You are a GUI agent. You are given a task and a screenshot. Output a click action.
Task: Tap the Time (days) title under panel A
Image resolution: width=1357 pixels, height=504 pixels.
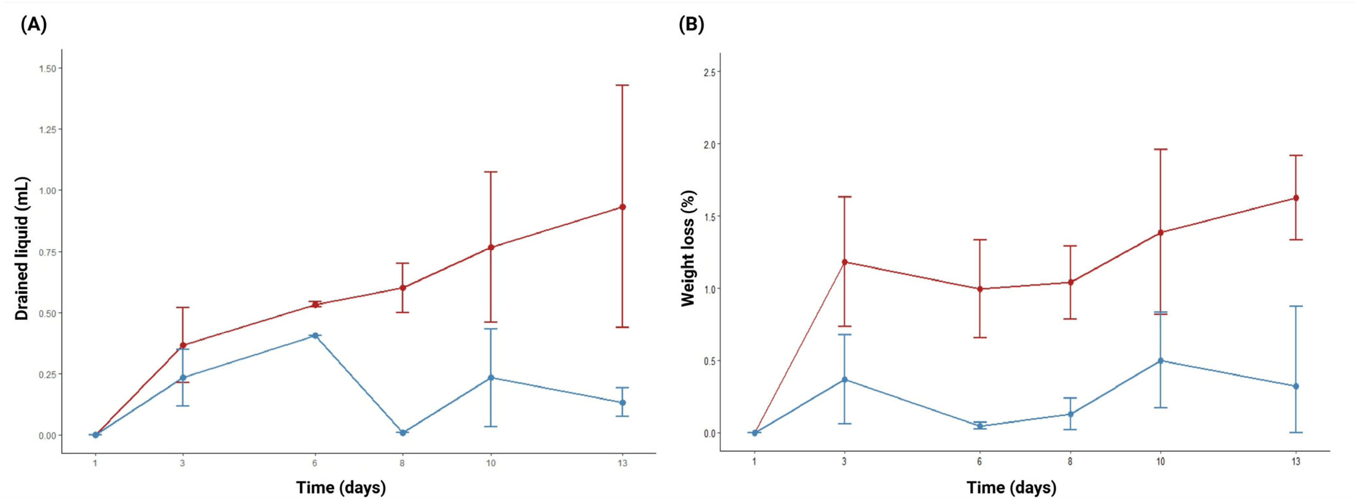(x=341, y=487)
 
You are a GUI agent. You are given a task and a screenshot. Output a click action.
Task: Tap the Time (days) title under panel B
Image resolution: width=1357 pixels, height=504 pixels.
(x=1011, y=487)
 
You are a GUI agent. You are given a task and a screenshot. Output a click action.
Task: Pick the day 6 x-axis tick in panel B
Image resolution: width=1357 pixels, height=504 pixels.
(x=980, y=462)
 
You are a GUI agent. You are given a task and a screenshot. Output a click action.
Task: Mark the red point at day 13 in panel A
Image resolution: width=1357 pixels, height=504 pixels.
(x=623, y=207)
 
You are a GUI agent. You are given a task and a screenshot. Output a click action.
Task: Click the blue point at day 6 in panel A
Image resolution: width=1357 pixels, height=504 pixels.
(x=315, y=335)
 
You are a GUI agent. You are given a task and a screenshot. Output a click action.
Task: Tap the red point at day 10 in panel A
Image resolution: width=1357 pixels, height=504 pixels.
(x=491, y=247)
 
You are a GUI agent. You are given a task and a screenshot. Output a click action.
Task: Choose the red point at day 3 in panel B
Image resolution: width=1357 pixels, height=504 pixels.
(x=844, y=262)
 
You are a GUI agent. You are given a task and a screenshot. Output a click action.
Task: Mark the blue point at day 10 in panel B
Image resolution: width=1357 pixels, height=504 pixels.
(x=1161, y=361)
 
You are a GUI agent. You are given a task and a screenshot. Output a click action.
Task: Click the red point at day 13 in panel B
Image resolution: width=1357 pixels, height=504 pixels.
(x=1296, y=198)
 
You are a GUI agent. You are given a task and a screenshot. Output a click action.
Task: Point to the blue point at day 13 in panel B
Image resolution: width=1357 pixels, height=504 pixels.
(x=1296, y=386)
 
